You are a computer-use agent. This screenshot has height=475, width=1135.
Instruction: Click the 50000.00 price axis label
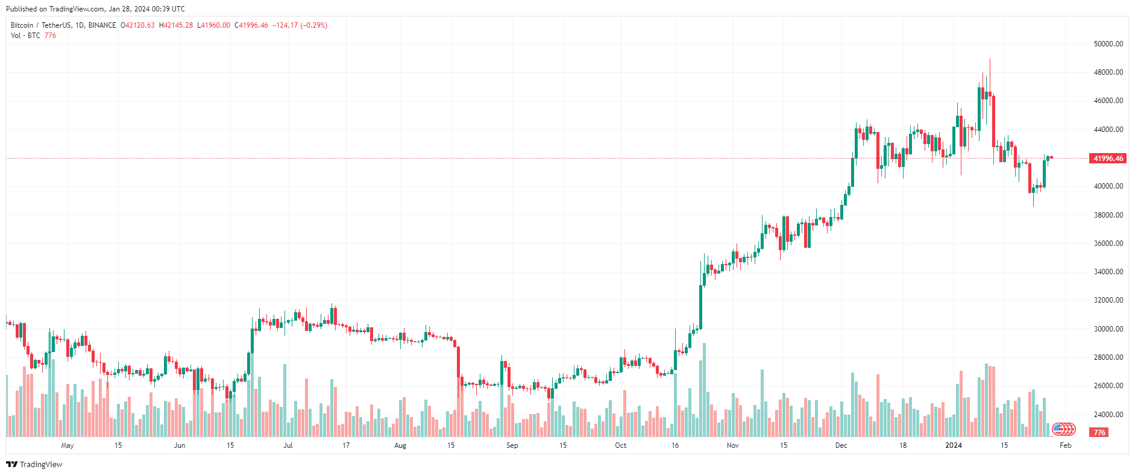pyautogui.click(x=1108, y=44)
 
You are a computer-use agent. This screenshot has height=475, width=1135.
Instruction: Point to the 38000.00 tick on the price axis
pyautogui.click(x=1108, y=215)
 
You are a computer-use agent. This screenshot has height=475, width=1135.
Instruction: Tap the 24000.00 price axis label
pyautogui.click(x=1108, y=415)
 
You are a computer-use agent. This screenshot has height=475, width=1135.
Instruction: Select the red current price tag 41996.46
pyautogui.click(x=1108, y=159)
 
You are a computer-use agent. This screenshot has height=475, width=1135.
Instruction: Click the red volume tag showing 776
pyautogui.click(x=1099, y=433)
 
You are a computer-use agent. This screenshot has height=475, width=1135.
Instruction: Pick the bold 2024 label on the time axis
pyautogui.click(x=954, y=445)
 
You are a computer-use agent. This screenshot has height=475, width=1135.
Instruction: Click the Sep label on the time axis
pyautogui.click(x=512, y=445)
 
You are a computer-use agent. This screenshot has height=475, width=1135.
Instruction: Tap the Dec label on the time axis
pyautogui.click(x=841, y=445)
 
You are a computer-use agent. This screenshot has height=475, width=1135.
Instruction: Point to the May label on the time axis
pyautogui.click(x=68, y=445)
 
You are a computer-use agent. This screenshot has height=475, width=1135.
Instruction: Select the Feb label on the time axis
pyautogui.click(x=1066, y=445)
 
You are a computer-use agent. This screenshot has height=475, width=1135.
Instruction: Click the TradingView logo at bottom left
pyautogui.click(x=34, y=464)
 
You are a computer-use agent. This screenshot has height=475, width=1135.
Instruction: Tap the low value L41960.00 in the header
pyautogui.click(x=214, y=25)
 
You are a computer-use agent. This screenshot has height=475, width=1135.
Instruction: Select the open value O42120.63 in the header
pyautogui.click(x=137, y=25)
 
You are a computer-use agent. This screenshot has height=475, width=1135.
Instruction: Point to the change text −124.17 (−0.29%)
pyautogui.click(x=300, y=25)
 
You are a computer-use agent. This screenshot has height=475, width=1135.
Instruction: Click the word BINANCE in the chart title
pyautogui.click(x=102, y=25)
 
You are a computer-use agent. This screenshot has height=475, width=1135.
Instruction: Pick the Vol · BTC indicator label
pyautogui.click(x=25, y=36)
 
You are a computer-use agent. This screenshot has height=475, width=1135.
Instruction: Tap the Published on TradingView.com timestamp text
pyautogui.click(x=95, y=9)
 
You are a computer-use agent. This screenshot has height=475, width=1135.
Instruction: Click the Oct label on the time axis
pyautogui.click(x=620, y=445)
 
